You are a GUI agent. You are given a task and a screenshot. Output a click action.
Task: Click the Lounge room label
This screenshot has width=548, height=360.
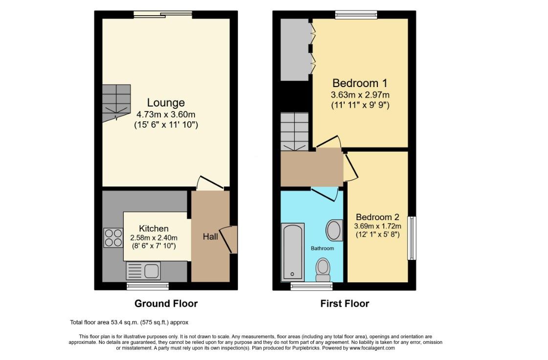pyautogui.click(x=166, y=103)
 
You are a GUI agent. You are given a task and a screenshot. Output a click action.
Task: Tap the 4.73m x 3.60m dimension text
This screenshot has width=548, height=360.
pyautogui.click(x=166, y=114)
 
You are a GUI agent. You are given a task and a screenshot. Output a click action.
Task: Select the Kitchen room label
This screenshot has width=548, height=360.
pyautogui.click(x=153, y=228)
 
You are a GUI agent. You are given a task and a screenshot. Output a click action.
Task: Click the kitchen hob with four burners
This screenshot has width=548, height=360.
pyautogui.click(x=113, y=238)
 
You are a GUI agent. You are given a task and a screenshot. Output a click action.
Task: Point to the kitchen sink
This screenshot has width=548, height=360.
pyautogui.click(x=143, y=270)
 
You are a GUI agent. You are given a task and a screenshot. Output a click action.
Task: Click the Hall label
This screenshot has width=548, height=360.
pyautogui.click(x=210, y=237)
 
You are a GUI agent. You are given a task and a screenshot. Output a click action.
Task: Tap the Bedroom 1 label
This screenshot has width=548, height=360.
pyautogui.click(x=360, y=83)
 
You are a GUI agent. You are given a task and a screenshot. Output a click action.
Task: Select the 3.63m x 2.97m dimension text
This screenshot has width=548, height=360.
pyautogui.click(x=360, y=95)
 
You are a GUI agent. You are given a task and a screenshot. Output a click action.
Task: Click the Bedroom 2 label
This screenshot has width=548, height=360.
pyautogui.click(x=377, y=217)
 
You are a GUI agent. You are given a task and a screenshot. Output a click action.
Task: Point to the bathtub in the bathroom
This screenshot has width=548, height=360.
pyautogui.click(x=292, y=252)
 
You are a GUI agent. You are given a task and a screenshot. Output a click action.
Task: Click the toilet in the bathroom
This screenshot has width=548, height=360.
pyautogui.click(x=323, y=269)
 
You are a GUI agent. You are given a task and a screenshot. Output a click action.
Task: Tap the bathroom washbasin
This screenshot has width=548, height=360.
pyautogui.click(x=334, y=230)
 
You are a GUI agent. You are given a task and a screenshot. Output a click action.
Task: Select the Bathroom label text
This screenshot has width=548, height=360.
pyautogui.click(x=322, y=248)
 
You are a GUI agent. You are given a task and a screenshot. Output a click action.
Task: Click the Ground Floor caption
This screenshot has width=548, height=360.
pyautogui.click(x=166, y=304)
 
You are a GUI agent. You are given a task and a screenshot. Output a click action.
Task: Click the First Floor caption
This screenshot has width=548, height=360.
pyautogui.click(x=345, y=304)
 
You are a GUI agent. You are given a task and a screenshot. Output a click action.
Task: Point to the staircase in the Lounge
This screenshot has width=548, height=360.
pyautogui.click(x=116, y=101)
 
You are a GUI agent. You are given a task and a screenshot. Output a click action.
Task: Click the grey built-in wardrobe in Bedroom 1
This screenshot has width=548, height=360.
pyautogui.click(x=295, y=49)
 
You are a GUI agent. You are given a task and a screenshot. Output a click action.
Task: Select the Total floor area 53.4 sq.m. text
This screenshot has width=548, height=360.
pyautogui.click(x=129, y=322)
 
